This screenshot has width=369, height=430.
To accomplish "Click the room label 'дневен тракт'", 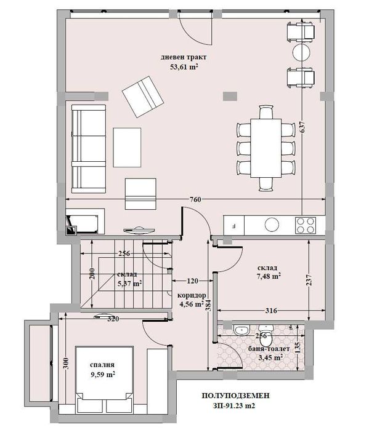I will tap(183, 58).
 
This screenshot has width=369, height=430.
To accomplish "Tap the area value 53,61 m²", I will tap(184, 68).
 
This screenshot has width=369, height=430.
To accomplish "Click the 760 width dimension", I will tap(196, 199).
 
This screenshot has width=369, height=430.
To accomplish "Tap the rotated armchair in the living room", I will tap(143, 96).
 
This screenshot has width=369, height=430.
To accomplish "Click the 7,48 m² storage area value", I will tap(269, 277).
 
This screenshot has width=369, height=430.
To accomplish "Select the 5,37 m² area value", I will tap(130, 284).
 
